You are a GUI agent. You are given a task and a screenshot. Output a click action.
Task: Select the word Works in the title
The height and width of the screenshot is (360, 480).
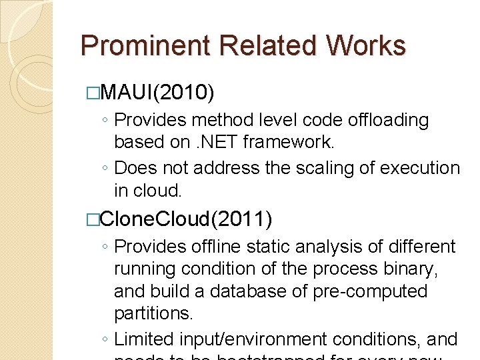tap(366, 46)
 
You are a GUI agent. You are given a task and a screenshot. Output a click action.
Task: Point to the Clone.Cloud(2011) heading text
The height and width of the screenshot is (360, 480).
tap(186, 218)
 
